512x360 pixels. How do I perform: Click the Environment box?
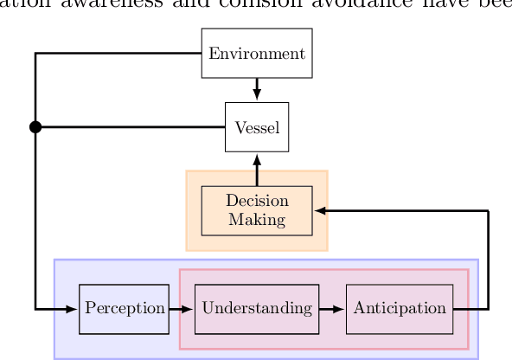point(257,54)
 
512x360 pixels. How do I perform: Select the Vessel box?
point(257,127)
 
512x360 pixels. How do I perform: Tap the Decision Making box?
point(257,210)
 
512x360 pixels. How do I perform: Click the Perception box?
point(124,308)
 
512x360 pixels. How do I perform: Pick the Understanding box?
point(257,308)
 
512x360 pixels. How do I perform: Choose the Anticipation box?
point(400,308)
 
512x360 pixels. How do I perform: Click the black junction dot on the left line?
point(35,127)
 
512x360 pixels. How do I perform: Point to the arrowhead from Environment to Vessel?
point(257,95)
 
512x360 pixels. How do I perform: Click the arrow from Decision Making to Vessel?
point(257,169)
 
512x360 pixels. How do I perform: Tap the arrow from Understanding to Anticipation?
point(332,308)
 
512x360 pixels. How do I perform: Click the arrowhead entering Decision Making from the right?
point(320,210)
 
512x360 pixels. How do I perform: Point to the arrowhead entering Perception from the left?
point(72,308)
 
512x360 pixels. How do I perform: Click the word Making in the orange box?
point(257,219)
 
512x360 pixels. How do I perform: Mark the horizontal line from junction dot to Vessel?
point(130,127)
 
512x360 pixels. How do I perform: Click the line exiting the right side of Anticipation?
point(471,308)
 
